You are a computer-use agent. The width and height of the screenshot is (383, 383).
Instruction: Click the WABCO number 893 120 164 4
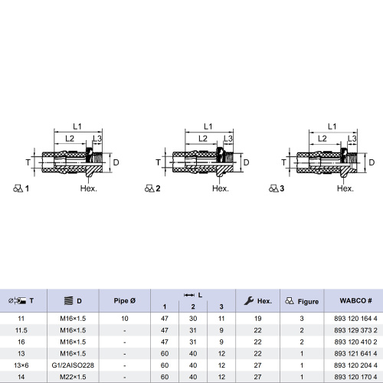(355, 319)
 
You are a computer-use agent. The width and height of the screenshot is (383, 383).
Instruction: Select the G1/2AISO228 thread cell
(73, 365)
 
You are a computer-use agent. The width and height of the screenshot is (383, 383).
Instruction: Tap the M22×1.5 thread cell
(73, 377)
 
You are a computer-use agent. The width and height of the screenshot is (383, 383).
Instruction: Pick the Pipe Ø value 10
(125, 319)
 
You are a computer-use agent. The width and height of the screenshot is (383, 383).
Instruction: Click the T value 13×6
(21, 365)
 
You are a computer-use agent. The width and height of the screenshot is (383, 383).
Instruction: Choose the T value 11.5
(21, 330)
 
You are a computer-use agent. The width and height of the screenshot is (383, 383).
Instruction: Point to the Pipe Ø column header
(125, 301)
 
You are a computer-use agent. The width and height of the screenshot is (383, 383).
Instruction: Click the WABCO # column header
(355, 300)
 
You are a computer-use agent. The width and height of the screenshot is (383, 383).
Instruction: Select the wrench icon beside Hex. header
(249, 301)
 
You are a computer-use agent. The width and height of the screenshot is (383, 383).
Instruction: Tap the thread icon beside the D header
(68, 301)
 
